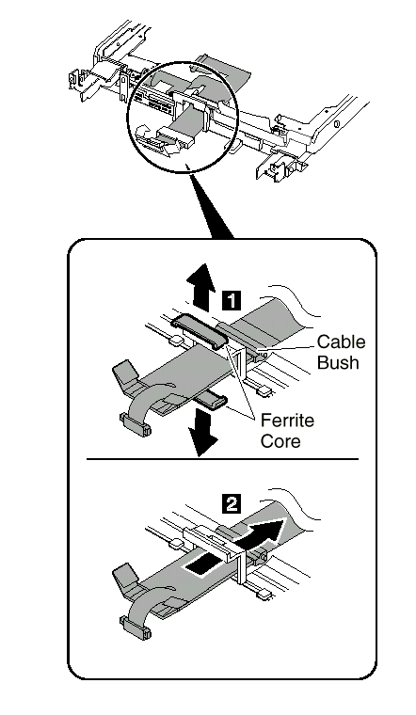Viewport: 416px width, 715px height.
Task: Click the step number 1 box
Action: (232, 301)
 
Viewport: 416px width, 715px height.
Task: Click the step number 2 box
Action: (232, 504)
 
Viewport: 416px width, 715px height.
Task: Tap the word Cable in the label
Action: (342, 342)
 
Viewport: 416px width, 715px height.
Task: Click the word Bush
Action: (338, 362)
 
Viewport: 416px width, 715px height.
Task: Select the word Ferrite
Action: (287, 420)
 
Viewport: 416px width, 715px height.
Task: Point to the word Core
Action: (280, 441)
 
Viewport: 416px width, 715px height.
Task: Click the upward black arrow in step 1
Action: (200, 286)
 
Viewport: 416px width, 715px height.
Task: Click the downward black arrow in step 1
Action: (202, 432)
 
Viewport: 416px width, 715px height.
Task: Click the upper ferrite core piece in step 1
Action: (200, 331)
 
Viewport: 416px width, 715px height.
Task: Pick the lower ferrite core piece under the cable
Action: (210, 401)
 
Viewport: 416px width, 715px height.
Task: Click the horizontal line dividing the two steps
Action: (223, 459)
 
